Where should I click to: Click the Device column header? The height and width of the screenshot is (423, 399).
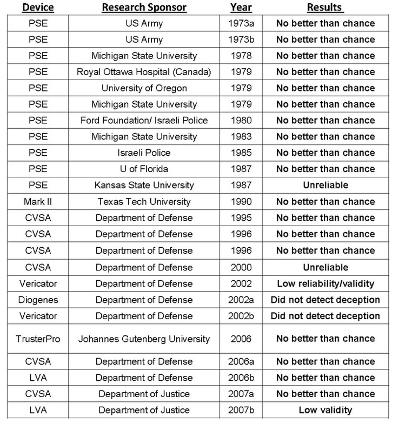pos(37,8)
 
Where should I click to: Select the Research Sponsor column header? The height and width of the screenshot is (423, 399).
pos(144,8)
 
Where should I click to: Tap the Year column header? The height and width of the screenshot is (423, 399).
pos(241,8)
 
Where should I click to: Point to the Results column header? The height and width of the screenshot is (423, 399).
pos(325,8)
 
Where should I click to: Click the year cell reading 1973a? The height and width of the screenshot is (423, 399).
pos(241,23)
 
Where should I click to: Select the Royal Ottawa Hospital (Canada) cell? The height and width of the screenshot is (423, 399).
pos(144,72)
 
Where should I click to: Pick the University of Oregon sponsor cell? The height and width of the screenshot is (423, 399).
pos(144,88)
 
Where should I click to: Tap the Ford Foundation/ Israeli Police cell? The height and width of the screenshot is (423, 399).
pos(144,121)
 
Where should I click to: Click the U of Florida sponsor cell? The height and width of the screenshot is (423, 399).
pos(144,169)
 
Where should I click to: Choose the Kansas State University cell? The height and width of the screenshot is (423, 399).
pos(144,186)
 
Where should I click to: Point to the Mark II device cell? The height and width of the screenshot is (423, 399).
pos(37,202)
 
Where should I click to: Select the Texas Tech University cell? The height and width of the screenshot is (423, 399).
pos(144,202)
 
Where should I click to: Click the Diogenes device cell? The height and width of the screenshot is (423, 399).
pos(37,300)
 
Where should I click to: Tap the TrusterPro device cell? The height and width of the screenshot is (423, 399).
pos(37,339)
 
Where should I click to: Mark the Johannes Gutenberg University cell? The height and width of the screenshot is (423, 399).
pos(144,339)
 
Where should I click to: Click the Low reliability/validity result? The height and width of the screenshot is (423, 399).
pos(325,283)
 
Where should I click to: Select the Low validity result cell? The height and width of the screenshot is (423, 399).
pos(325,410)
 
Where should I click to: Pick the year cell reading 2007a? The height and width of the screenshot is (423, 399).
pos(241,394)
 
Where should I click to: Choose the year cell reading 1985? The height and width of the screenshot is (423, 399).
pos(241,153)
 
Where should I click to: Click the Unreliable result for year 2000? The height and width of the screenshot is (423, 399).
pos(325,267)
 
